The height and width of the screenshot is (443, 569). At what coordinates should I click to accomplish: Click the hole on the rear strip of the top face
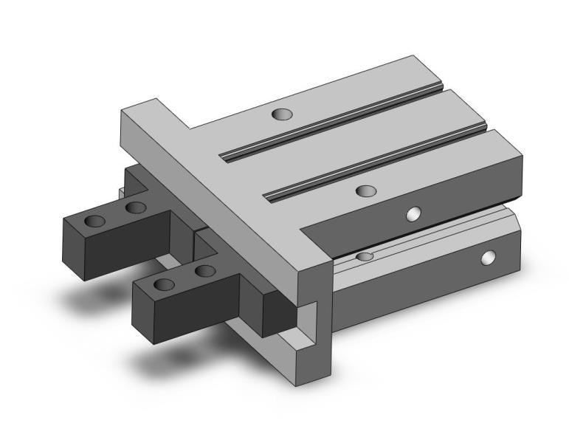point(281,114)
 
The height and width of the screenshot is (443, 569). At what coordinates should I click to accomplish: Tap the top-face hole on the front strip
point(365,191)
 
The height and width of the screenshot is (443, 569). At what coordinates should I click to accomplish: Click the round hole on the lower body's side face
point(487,258)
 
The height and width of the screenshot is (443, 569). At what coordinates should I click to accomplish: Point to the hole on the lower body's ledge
point(363,256)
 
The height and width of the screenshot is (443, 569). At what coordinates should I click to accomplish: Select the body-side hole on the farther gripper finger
point(134,207)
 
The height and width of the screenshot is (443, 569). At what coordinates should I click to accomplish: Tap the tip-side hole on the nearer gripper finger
point(165,284)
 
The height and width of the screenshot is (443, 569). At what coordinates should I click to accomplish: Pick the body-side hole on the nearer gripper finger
point(204,271)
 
